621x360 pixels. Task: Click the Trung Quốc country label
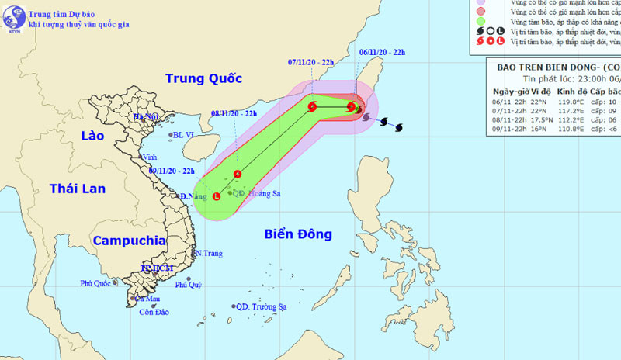pos(203,78)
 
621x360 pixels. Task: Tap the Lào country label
pos(92,136)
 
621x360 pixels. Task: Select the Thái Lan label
pos(75,189)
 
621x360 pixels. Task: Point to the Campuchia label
pos(129,241)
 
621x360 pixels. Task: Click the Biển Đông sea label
pos(297,234)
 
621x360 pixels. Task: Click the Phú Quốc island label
pos(97,283)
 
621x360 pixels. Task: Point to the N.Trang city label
pos(208,254)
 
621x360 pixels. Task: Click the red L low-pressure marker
pos(216,197)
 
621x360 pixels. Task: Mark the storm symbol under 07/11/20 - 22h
pos(312,107)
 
